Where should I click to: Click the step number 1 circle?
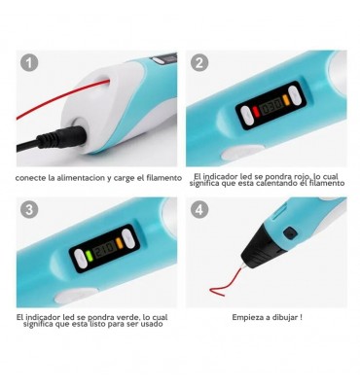tap(29, 62)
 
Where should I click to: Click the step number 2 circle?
tap(199, 62)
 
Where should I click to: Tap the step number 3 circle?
tap(29, 209)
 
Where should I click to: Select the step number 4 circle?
tap(199, 209)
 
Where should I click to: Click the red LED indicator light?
tap(256, 112)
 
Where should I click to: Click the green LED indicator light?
tap(89, 256)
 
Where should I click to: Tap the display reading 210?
tap(104, 249)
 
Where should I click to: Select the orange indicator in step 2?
tap(285, 100)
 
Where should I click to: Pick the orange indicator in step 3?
tap(120, 243)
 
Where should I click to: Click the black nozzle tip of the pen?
tap(265, 251)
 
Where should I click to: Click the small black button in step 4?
tap(290, 232)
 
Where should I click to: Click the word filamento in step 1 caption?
tap(164, 178)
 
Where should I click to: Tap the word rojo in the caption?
tap(295, 177)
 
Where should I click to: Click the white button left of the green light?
tap(81, 260)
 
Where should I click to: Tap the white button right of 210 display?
tap(128, 239)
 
